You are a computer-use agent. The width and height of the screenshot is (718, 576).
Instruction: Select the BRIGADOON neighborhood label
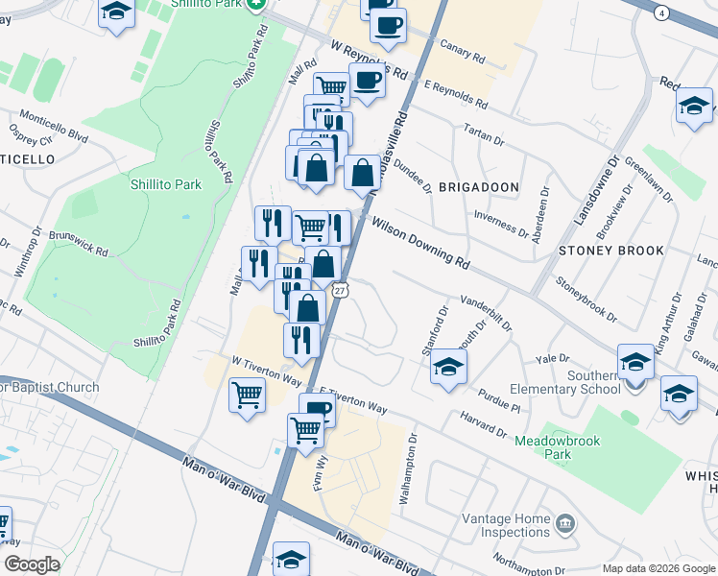[478, 187]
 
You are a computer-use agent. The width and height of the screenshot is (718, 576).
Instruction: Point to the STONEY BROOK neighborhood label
[611, 251]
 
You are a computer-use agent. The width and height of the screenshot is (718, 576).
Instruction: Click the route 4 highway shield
[661, 12]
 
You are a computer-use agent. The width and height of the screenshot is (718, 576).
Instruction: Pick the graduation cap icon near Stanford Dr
[448, 366]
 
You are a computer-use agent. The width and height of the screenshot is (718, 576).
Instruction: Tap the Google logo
[31, 564]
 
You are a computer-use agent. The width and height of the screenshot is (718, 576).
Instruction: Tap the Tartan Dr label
[484, 133]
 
